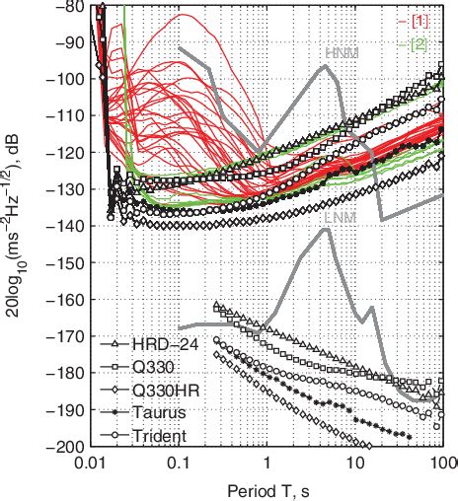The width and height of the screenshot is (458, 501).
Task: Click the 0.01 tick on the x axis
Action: (91, 461)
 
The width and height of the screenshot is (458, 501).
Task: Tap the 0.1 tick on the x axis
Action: (179, 461)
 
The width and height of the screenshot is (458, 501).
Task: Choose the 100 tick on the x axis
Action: (438, 461)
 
